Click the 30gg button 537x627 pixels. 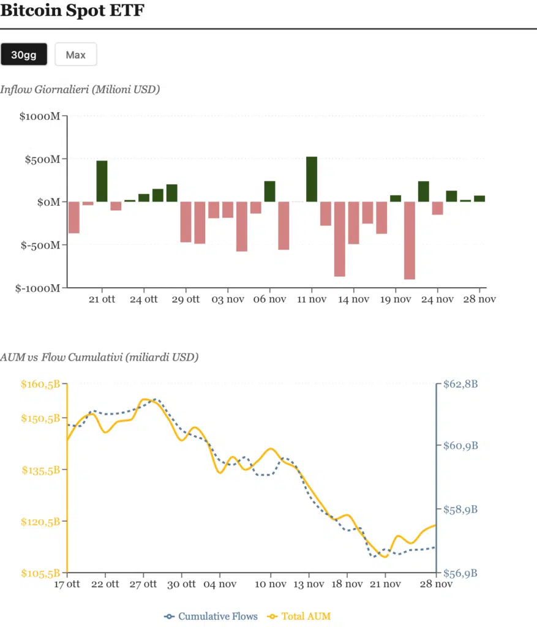[24, 54]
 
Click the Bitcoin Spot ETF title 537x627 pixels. [72, 11]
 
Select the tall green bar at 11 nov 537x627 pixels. [312, 179]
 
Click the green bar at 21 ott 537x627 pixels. [102, 181]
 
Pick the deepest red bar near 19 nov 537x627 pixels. [409, 240]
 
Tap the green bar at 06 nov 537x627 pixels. [269, 192]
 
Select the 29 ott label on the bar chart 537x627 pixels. [186, 299]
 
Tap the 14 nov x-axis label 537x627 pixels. [353, 299]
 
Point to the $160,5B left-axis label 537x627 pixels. [40, 385]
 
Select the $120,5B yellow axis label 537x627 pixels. [40, 522]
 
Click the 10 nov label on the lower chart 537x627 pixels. [271, 584]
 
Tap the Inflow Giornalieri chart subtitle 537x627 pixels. [80, 90]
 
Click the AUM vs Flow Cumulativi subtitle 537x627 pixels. [99, 357]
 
